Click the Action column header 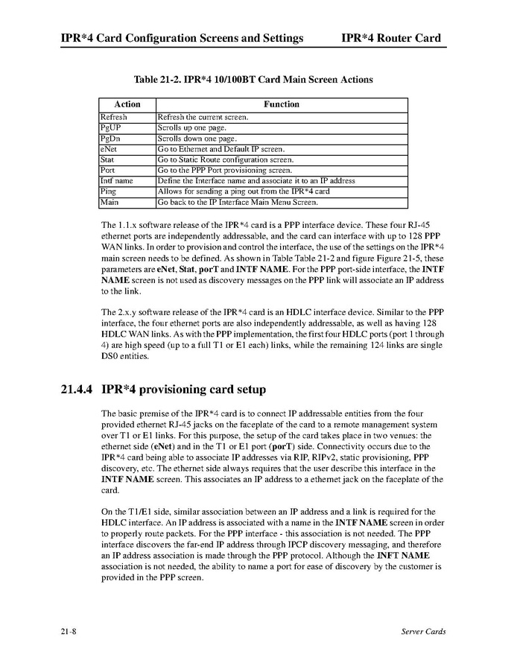pos(127,104)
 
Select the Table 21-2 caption pos(253,80)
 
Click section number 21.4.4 pos(77,390)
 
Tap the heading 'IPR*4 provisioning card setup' pos(183,390)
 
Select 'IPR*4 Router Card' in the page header pos(391,38)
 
